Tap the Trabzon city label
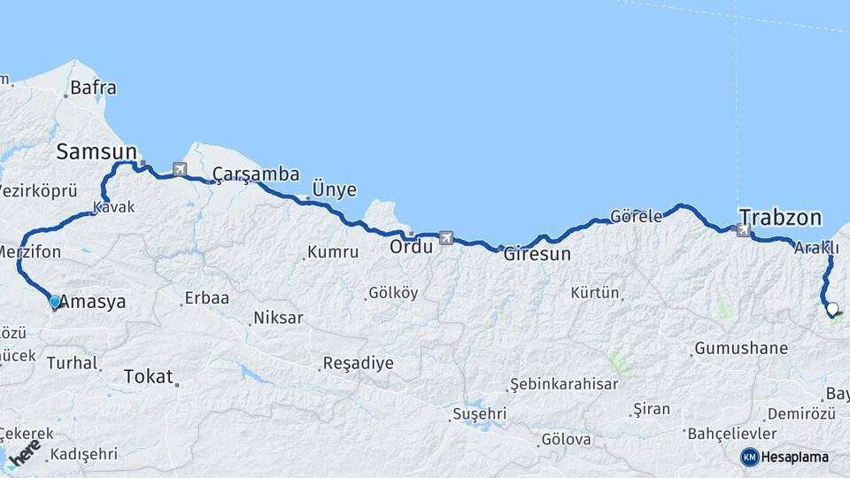(780, 218)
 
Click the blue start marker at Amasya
(55, 302)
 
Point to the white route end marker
(831, 309)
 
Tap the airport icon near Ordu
(444, 237)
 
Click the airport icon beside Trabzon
(743, 230)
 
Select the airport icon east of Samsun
(181, 168)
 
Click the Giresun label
(537, 254)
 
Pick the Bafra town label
(92, 88)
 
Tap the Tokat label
(149, 376)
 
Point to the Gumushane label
(741, 348)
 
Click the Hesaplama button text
(795, 457)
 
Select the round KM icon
(749, 457)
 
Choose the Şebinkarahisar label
(563, 384)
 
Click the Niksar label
(278, 318)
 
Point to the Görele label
(637, 216)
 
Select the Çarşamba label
(256, 174)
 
